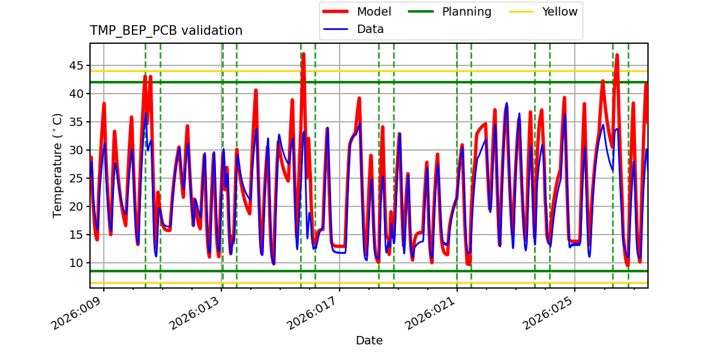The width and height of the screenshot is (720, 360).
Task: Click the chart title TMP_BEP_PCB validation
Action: [166, 31]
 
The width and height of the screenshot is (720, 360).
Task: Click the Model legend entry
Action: [374, 12]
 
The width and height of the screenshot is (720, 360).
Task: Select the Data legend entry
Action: [370, 29]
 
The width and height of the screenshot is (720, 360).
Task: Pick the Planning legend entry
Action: [466, 12]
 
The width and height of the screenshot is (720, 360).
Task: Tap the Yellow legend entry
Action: [559, 12]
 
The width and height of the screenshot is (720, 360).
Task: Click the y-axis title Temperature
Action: [58, 165]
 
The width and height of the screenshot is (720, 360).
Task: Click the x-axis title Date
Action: [369, 341]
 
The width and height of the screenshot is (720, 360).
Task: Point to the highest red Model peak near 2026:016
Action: [304, 54]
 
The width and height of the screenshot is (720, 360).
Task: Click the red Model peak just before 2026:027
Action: [617, 55]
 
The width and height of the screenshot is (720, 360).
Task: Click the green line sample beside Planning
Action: [423, 12]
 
